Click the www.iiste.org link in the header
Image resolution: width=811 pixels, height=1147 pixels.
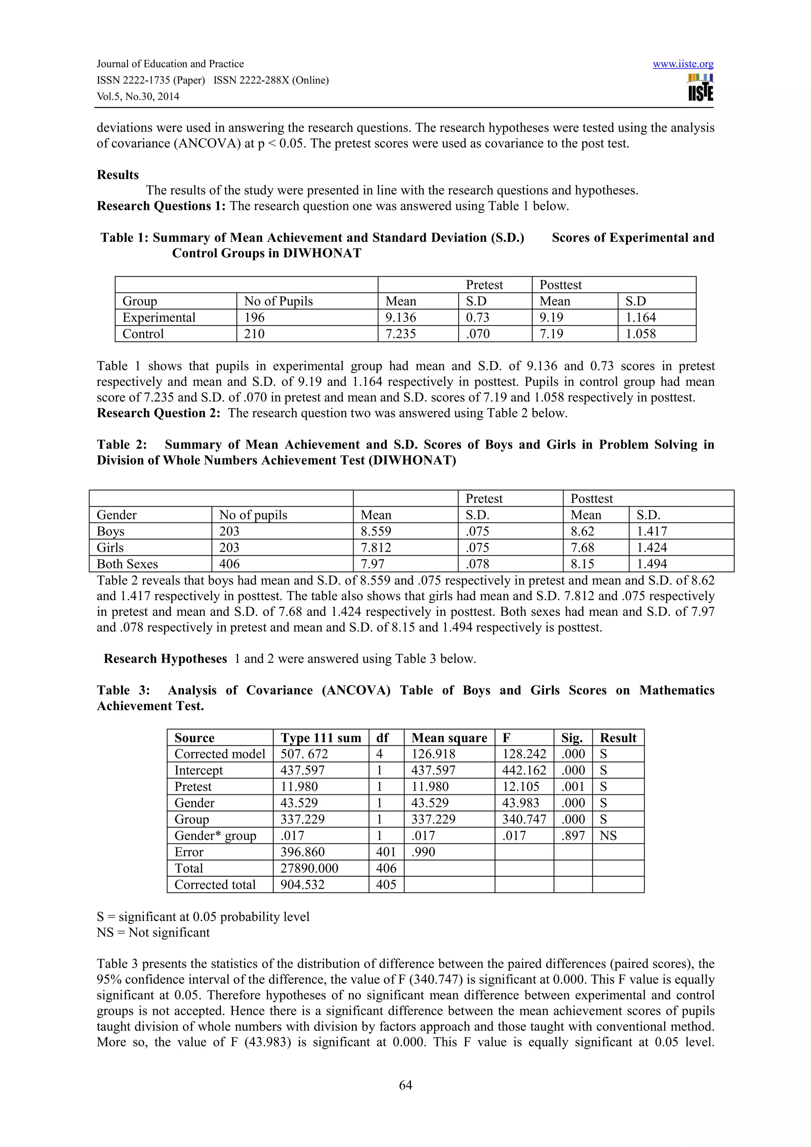pyautogui.click(x=683, y=64)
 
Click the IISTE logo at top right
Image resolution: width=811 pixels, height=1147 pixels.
pyautogui.click(x=701, y=88)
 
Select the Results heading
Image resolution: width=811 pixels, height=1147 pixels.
pyautogui.click(x=118, y=175)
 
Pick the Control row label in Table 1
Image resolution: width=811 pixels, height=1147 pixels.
pyautogui.click(x=143, y=334)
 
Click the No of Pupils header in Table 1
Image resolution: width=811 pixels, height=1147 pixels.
pyautogui.click(x=278, y=301)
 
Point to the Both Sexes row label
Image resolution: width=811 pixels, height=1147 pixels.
pyautogui.click(x=127, y=564)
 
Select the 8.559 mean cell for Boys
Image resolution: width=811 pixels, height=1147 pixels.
pyautogui.click(x=376, y=531)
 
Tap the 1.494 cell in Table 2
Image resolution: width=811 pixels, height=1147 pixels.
pyautogui.click(x=651, y=564)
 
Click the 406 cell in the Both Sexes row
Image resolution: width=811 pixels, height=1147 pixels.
pyautogui.click(x=229, y=564)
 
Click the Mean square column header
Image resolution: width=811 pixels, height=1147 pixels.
pyautogui.click(x=449, y=738)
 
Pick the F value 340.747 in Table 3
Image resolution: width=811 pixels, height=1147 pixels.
pyautogui.click(x=524, y=819)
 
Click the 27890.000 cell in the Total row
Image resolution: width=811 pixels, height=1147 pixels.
pyautogui.click(x=309, y=868)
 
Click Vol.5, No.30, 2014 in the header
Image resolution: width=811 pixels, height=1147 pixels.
pyautogui.click(x=138, y=97)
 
